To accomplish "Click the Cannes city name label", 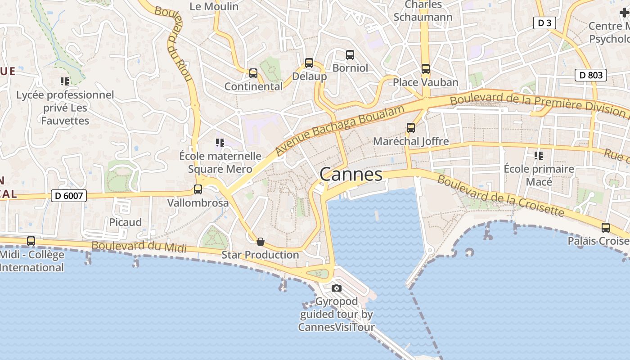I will coord(351,175).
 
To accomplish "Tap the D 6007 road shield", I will coord(68,196).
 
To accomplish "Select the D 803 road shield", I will coord(591,75).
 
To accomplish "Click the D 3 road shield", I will coord(544,23).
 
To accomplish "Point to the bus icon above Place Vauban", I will coord(426,69).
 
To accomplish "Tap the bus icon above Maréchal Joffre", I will coord(411,128).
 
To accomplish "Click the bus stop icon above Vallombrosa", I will coord(198,189).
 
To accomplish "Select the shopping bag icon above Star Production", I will coord(261,242).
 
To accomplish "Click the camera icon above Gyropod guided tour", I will coord(337,288).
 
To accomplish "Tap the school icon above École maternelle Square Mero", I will coord(220,143).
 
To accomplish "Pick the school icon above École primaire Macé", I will coord(538,156).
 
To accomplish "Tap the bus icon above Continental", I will coord(253,73).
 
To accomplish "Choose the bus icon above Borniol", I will coord(350,55).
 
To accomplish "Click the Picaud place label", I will coord(126,222).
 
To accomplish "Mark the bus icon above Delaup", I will coord(309,63).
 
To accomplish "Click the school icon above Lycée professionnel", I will coord(65,81).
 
